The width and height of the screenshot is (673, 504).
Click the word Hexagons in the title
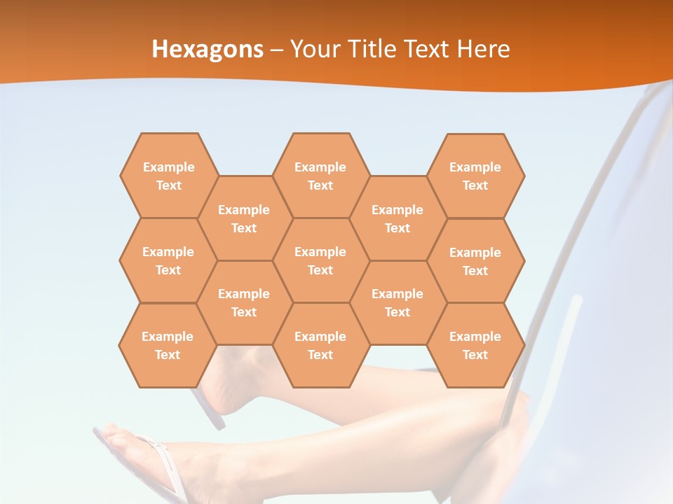click(x=208, y=49)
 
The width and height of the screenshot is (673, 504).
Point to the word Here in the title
click(x=484, y=49)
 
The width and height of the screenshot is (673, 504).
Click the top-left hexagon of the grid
click(x=168, y=176)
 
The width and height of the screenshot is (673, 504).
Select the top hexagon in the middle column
click(x=320, y=176)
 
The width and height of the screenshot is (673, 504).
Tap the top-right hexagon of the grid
click(x=475, y=176)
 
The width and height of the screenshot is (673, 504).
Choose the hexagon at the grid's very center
click(x=320, y=260)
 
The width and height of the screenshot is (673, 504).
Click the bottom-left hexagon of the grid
click(x=168, y=345)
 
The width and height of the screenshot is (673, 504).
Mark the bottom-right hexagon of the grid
click(x=475, y=345)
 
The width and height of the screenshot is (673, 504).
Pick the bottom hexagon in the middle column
click(x=320, y=345)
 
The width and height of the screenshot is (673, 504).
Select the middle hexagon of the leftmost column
click(x=168, y=260)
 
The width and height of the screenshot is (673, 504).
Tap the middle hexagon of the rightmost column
click(x=475, y=261)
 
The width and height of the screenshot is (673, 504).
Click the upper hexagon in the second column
click(x=244, y=218)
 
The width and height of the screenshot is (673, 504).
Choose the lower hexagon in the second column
click(x=244, y=302)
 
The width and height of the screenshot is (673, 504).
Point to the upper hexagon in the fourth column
click(x=397, y=218)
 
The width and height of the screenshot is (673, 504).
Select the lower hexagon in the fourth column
click(x=397, y=302)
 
